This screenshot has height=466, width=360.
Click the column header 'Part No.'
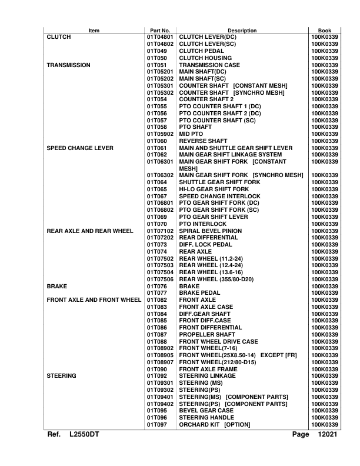pos(160,30)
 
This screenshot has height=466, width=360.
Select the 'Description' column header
pos(242,30)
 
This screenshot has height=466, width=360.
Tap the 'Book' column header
pos(324,30)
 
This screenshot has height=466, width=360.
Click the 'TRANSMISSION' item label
pos(68,65)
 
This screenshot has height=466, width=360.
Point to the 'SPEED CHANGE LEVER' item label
pos(79,148)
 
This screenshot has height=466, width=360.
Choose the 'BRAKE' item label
pos(57,285)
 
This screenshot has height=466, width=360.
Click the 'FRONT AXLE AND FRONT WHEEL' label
pos(94,299)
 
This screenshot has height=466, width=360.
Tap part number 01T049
pos(156,51)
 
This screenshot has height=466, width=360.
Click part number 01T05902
pos(160,134)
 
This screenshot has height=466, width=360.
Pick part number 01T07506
pos(160,279)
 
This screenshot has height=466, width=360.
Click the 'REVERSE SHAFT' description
pos(203,141)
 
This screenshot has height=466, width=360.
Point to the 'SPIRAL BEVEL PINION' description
pos(210,231)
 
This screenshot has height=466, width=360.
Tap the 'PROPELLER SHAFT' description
pos(206,334)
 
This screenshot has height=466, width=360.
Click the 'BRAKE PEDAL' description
pos(201,292)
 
